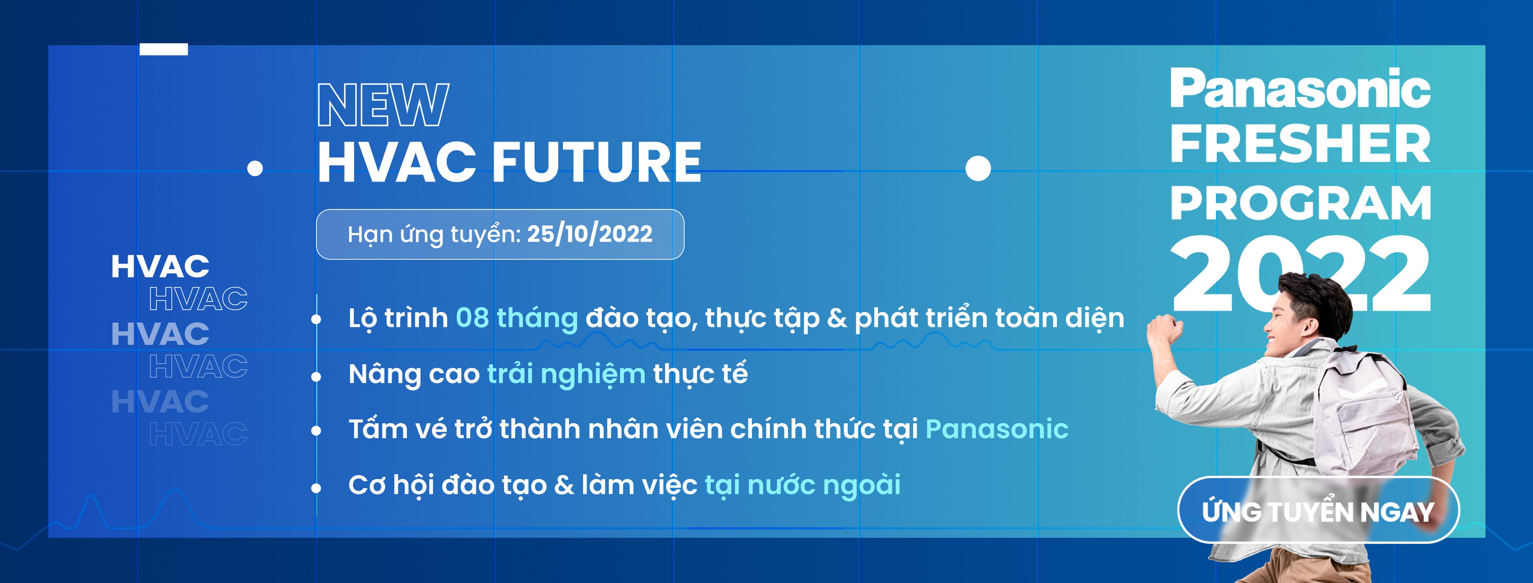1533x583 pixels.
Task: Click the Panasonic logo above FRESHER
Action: coord(1300,89)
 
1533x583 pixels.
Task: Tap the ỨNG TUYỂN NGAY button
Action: coord(1318,511)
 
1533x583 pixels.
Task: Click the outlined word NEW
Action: coord(383,105)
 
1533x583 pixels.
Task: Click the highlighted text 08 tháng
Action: coord(516,318)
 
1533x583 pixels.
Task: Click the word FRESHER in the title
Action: coord(1300,144)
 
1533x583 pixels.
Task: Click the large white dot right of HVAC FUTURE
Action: coord(978,168)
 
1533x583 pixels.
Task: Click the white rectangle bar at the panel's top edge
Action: coord(164,49)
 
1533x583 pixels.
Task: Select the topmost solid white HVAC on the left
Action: coord(160,266)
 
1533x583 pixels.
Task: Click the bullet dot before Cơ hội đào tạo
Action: coord(316,488)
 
